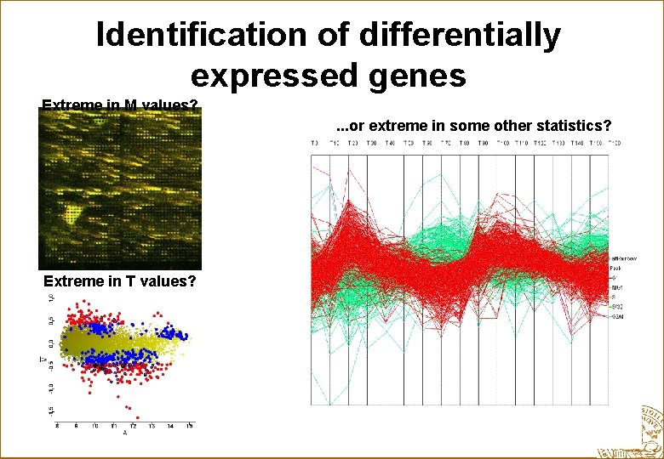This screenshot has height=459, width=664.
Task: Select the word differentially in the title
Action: tap(460, 35)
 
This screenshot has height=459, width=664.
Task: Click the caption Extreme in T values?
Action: tap(120, 281)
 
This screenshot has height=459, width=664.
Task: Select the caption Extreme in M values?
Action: tap(120, 106)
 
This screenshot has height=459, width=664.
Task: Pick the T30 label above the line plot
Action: tap(372, 143)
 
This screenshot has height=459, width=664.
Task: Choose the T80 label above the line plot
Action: tap(465, 143)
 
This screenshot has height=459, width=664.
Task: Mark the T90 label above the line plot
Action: tap(484, 143)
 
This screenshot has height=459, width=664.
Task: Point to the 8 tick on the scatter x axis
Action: tap(58, 426)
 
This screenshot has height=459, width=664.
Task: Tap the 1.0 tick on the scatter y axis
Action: tap(49, 299)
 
